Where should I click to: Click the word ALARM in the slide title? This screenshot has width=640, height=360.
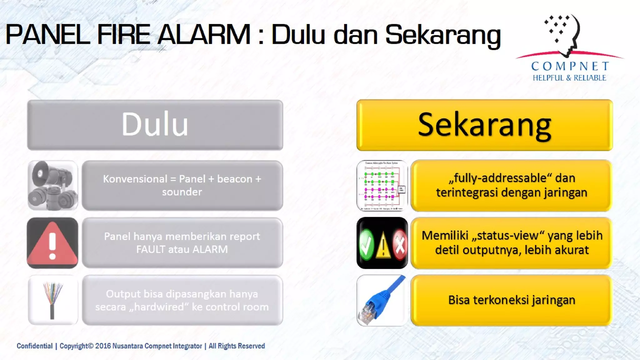point(204,34)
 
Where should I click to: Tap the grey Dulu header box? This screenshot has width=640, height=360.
point(155,125)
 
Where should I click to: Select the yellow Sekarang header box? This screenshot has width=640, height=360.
point(484,125)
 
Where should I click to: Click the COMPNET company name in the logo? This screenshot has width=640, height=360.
point(570,66)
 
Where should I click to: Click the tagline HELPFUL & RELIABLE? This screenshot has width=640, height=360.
point(569,78)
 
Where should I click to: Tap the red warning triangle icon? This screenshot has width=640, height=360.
point(52,243)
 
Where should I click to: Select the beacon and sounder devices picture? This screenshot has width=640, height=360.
point(52,186)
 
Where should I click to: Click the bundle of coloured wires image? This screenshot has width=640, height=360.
point(52,300)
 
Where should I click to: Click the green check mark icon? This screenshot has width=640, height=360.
point(366,245)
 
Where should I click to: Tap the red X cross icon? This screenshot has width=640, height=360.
point(400,245)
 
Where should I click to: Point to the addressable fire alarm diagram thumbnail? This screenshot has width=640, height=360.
point(382,186)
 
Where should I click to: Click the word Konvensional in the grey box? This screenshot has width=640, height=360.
point(135,179)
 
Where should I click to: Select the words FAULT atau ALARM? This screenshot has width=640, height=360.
point(182,249)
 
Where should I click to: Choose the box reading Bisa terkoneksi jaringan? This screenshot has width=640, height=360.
point(511,300)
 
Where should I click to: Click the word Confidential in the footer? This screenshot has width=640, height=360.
point(34,346)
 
